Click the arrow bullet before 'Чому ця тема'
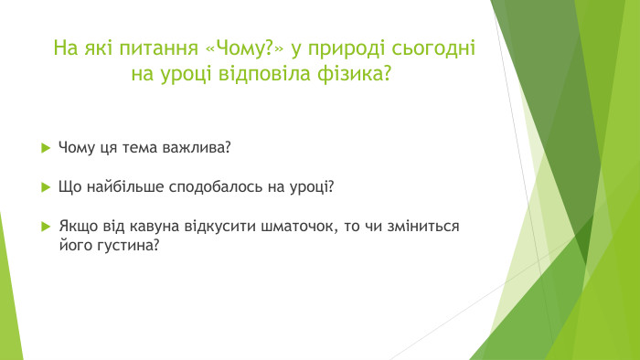(x=45, y=147)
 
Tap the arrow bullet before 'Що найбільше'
(x=45, y=186)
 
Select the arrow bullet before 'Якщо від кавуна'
(x=45, y=226)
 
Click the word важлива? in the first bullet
(x=202, y=147)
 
